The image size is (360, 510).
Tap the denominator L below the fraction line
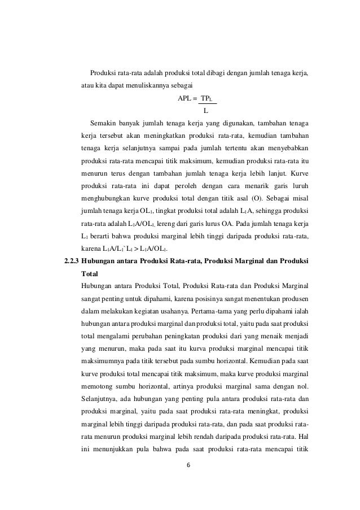click(206, 110)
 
